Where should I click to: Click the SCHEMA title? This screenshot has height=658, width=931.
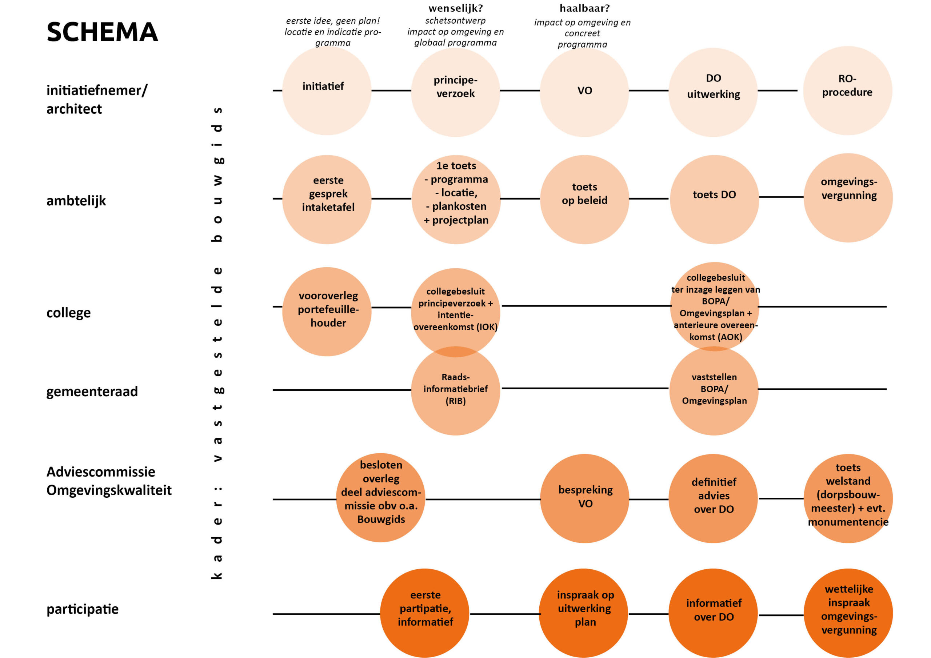[102, 32]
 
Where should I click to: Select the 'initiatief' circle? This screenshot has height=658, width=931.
[327, 91]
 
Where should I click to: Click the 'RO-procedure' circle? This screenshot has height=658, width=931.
[847, 91]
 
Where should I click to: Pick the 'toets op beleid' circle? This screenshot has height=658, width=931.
[584, 199]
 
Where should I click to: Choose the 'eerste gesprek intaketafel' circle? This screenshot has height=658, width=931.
[327, 199]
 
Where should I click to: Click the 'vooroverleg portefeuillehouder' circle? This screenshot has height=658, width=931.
[327, 311]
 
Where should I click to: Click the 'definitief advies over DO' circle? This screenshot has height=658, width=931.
[713, 498]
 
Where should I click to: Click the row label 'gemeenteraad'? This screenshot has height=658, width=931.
[92, 392]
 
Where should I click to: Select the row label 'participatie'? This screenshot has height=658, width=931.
[82, 609]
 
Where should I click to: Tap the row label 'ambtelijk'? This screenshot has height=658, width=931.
[76, 201]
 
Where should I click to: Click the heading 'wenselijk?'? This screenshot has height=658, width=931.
[455, 8]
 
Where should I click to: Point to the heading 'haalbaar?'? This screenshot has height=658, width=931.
[584, 8]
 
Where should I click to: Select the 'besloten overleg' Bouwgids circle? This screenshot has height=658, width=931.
[380, 497]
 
